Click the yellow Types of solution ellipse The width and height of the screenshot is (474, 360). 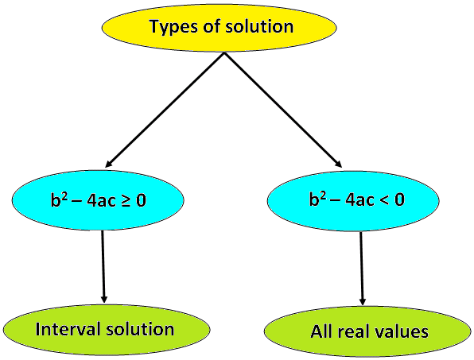pyautogui.click(x=219, y=27)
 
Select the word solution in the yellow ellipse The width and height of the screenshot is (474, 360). pyautogui.click(x=259, y=26)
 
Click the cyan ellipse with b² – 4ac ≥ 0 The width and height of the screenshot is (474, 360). pyautogui.click(x=98, y=200)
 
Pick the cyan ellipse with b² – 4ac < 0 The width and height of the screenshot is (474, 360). pyautogui.click(x=353, y=201)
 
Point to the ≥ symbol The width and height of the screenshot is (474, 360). pyautogui.click(x=126, y=200)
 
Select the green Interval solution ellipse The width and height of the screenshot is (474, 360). pyautogui.click(x=107, y=329)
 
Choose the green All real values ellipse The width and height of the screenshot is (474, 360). pyautogui.click(x=367, y=331)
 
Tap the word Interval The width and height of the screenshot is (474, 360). pyautogui.click(x=68, y=328)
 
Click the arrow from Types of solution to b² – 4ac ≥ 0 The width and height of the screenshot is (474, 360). pyautogui.click(x=165, y=110)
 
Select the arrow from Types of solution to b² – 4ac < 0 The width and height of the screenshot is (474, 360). pyautogui.click(x=283, y=110)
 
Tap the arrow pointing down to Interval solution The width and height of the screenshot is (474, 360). pyautogui.click(x=103, y=266)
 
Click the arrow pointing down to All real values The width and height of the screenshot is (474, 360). pyautogui.click(x=362, y=268)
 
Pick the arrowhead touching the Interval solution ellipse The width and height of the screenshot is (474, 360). pyautogui.click(x=104, y=299)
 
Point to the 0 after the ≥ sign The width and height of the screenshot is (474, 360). pyautogui.click(x=141, y=200)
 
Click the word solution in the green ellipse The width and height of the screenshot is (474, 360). pyautogui.click(x=140, y=328)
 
